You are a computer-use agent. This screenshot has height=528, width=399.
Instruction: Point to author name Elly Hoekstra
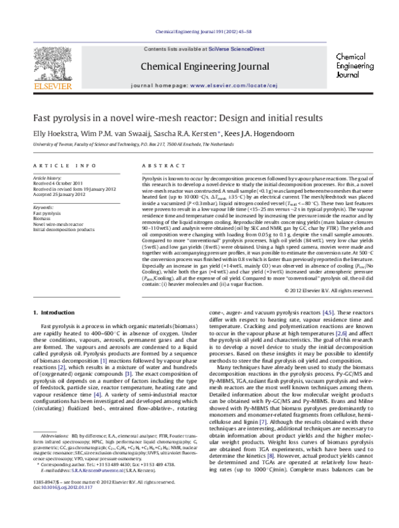[51, 133]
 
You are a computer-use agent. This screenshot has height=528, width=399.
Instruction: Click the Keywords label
[44, 208]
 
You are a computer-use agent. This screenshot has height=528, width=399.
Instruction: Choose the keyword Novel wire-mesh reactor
[57, 224]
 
